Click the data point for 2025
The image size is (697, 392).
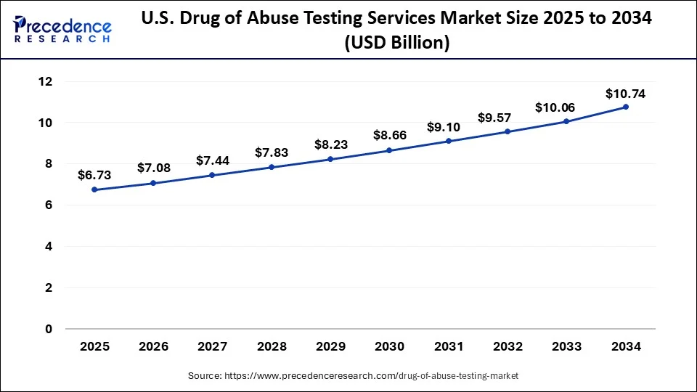click(94, 190)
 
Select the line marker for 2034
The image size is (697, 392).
click(626, 107)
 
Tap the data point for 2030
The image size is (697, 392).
click(389, 150)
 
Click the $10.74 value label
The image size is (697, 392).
click(625, 94)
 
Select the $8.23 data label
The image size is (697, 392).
click(330, 144)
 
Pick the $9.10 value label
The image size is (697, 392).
click(448, 127)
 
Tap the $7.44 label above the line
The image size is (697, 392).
click(211, 160)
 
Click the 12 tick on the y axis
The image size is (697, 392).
click(45, 82)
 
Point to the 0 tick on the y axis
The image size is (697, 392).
click(48, 329)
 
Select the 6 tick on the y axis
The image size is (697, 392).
click(48, 205)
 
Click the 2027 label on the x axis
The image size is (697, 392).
click(212, 347)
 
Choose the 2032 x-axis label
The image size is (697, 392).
click(508, 347)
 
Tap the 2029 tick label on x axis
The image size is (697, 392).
click(330, 347)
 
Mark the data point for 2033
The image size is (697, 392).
click(566, 121)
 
